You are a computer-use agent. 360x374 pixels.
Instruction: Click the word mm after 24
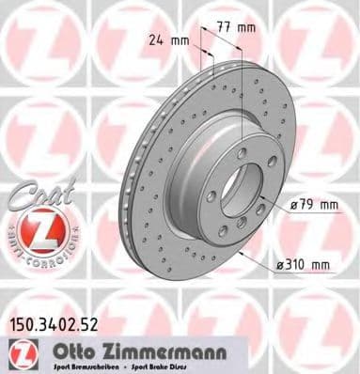point(178,40)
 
